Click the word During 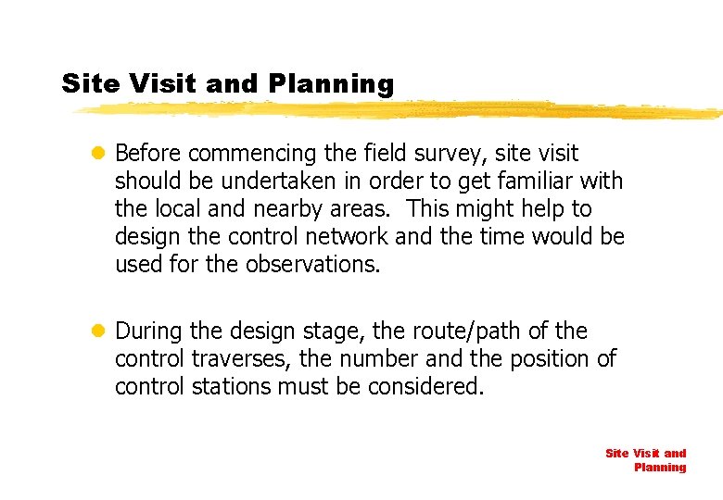[149, 331]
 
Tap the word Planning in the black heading [331, 84]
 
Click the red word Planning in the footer [660, 468]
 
